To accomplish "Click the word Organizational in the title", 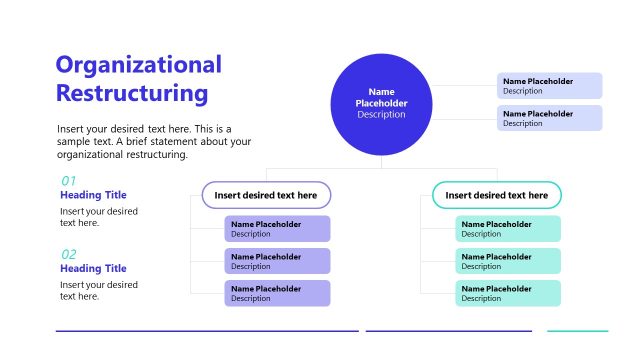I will pos(139,66).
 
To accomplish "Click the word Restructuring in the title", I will pos(132,95).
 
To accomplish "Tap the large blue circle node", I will pos(381,104).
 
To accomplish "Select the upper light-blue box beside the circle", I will pos(549,86).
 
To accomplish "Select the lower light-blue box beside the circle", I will pos(549,118).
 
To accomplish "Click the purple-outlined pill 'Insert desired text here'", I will pos(266,195).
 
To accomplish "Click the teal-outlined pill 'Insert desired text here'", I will pos(496,195).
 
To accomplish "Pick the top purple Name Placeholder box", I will pos(277,229).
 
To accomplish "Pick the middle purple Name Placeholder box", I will pos(277,261).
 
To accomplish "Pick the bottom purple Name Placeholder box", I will pos(277,293).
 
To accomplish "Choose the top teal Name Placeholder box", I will pos(508,229).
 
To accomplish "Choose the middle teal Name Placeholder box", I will pos(508,261).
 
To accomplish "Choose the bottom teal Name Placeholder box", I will pos(508,293).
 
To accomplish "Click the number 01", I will pos(69,181).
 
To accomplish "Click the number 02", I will pos(69,254).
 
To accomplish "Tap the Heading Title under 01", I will pos(93,195).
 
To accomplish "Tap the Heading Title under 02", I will pos(93,268).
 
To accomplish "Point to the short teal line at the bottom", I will pos(577,331).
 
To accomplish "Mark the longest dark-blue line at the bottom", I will pos(207,331).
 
